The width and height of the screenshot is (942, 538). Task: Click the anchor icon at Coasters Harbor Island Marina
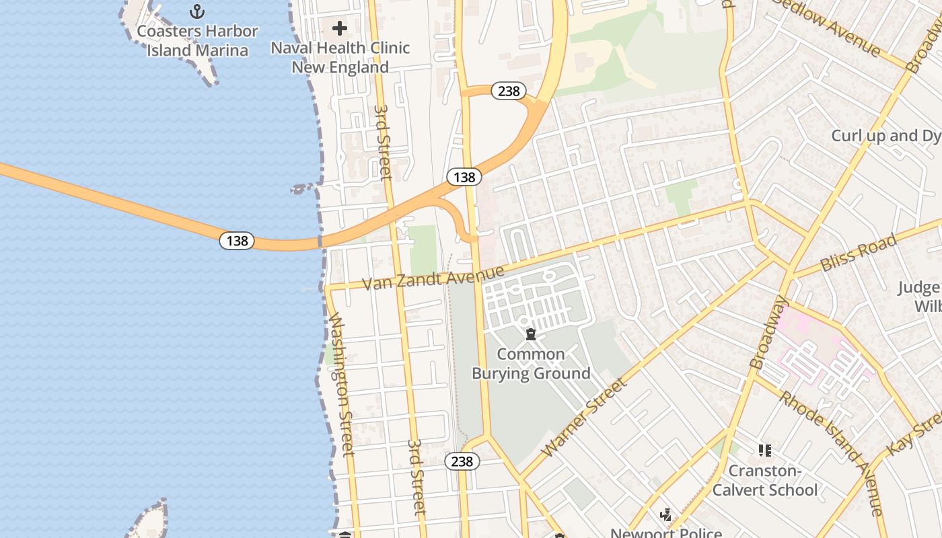(197, 11)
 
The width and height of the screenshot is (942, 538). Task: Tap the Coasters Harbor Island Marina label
(197, 40)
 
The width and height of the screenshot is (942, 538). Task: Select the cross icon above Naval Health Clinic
(340, 28)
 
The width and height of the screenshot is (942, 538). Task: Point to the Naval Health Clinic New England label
(340, 57)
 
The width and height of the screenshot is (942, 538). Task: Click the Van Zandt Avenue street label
(433, 277)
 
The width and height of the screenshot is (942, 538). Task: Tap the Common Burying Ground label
(531, 364)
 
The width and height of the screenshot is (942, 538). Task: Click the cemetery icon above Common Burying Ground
(531, 334)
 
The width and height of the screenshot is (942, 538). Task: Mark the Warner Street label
(584, 417)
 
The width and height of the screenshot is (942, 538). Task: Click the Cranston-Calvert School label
(765, 480)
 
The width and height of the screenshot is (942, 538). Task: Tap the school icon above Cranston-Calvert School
(764, 450)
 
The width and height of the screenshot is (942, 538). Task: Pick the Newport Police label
(666, 533)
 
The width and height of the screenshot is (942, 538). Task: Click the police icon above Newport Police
(666, 516)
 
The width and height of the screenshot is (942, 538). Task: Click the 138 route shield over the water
(237, 241)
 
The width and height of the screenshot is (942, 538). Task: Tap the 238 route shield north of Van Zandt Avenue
(508, 91)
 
